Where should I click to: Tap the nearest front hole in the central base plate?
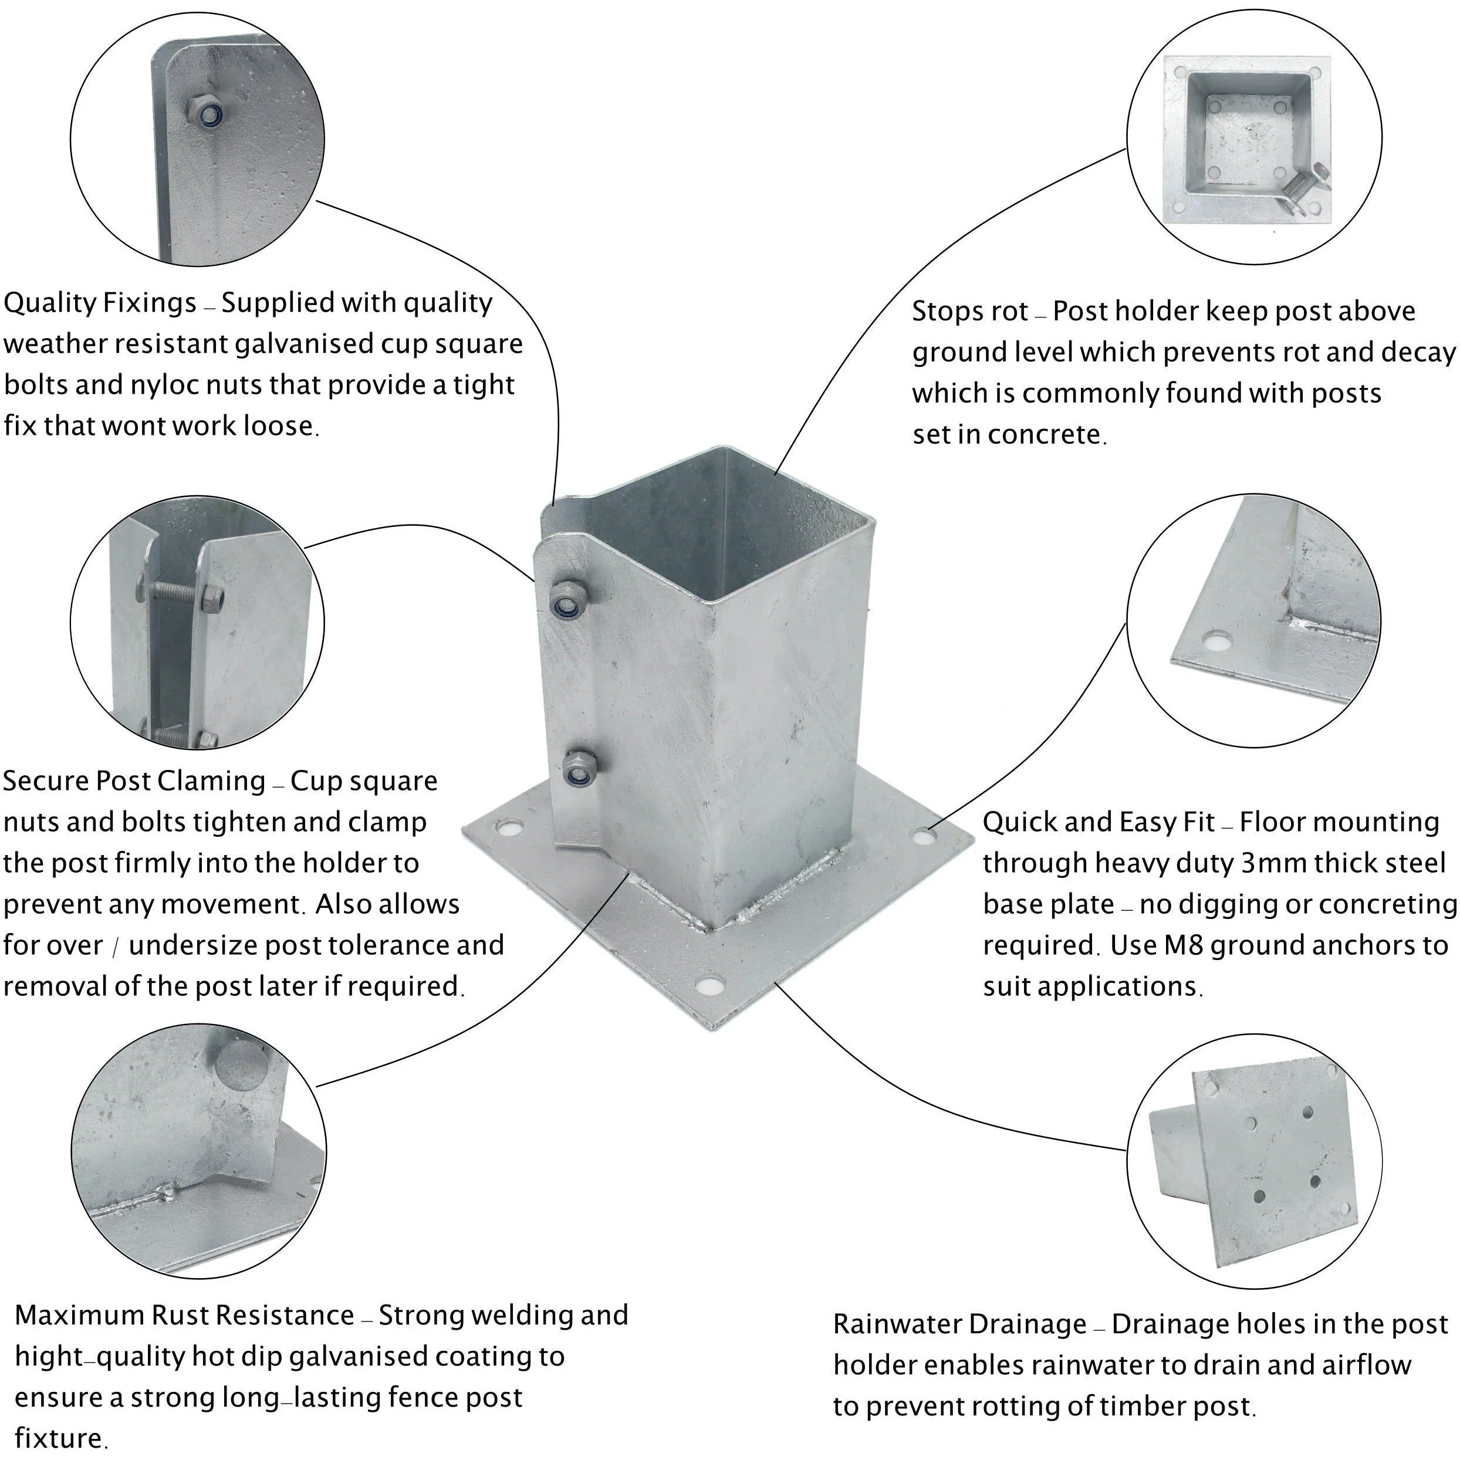[x=709, y=983]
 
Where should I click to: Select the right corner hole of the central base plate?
[x=924, y=835]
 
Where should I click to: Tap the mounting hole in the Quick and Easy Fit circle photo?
[x=1216, y=641]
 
